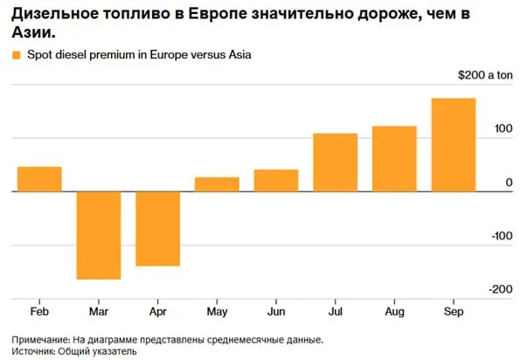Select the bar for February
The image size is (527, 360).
point(39,179)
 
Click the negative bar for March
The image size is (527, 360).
point(99,235)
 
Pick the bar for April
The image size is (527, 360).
point(158,229)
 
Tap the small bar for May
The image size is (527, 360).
point(217,184)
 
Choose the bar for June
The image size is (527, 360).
point(276,181)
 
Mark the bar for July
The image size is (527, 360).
point(336,163)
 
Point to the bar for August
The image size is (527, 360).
point(394,159)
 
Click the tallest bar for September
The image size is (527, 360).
point(454,145)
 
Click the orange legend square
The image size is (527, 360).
point(17,55)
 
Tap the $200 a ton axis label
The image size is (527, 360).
point(485,75)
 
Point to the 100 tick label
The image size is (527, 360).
point(503,128)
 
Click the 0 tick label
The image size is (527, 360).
point(510,183)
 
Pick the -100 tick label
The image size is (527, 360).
point(503,236)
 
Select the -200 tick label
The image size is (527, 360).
point(501,289)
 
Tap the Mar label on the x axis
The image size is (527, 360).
point(99,312)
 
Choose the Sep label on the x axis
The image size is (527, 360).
point(454,312)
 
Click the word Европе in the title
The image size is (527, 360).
point(217,14)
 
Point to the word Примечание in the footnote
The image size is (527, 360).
point(41,340)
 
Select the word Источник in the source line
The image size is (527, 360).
point(33,351)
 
